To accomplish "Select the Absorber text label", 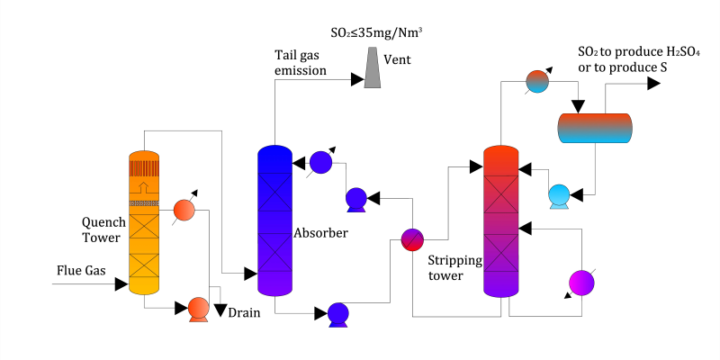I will pos(320,233).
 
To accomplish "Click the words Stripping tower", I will pos(454,268).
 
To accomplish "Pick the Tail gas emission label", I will pos(301,63).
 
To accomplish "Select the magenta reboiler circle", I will pos(581,283).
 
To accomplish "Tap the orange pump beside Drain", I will pos(197,309).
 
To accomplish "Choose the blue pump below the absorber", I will pos(337,313).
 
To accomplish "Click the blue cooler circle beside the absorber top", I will pos(319,162).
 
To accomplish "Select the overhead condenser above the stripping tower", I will pos(536,81).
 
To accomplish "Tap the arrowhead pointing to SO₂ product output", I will pos(654,83).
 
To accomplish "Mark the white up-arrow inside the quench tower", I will pos(143,187).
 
